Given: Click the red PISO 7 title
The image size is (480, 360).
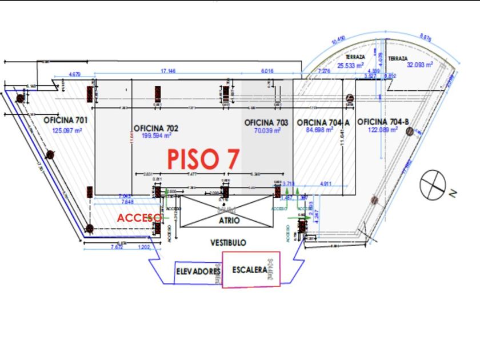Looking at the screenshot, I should point(203,158).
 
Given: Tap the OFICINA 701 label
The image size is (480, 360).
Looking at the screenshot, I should point(65,120).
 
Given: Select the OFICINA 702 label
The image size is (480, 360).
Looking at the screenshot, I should point(155,129).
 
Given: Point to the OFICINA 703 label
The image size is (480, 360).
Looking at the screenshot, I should point(266,123).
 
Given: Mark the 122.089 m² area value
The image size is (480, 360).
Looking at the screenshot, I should point(379,130).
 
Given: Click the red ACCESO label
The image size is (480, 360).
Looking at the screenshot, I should point(139,218).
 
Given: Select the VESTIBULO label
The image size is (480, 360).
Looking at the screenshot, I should point(228,242).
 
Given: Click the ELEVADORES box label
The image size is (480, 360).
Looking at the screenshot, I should point(198,271).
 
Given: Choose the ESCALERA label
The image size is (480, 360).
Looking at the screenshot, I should point(250,270).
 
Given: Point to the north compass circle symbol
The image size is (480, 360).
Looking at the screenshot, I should point(432,184).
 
